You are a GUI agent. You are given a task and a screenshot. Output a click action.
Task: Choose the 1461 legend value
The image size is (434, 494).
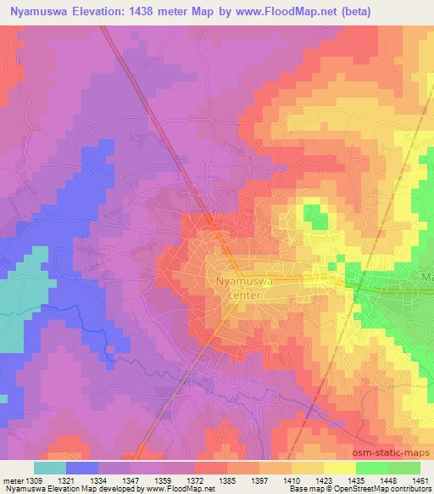(x=420, y=480)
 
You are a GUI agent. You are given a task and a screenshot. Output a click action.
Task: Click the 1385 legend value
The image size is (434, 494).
(x=227, y=480)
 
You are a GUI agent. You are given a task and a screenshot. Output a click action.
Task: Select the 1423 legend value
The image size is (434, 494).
(x=324, y=480)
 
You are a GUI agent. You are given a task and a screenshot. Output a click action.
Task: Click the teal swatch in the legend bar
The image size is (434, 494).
(x=50, y=468)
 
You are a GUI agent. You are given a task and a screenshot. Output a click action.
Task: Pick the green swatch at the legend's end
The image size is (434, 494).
(x=403, y=468)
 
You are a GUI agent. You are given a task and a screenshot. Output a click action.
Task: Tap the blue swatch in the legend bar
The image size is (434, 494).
(x=82, y=468)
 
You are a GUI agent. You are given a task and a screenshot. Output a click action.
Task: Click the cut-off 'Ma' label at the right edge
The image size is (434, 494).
(x=427, y=278)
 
